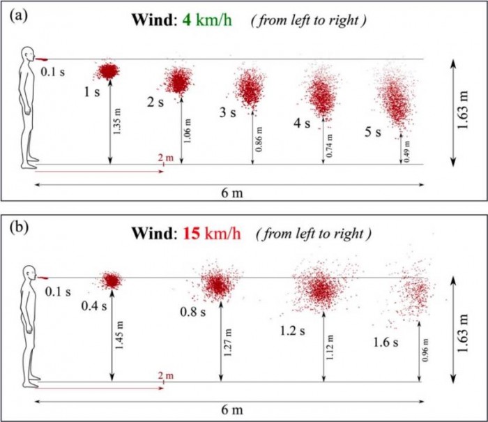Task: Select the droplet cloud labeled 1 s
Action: tap(108, 70)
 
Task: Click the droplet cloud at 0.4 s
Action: tap(110, 280)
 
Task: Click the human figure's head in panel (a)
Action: tap(27, 56)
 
